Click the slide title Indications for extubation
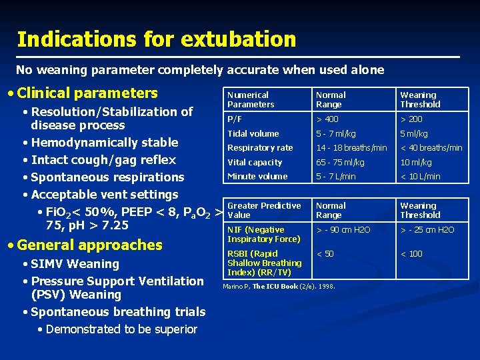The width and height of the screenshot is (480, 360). pyautogui.click(x=156, y=39)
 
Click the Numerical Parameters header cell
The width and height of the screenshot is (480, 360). pyautogui.click(x=251, y=100)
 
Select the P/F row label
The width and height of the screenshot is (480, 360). pyautogui.click(x=235, y=119)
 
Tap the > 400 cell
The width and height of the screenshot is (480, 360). pyautogui.click(x=327, y=119)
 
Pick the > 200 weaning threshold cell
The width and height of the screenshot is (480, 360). pyautogui.click(x=411, y=119)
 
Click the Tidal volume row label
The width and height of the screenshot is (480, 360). pyautogui.click(x=253, y=133)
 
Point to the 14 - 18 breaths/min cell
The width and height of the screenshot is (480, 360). pyautogui.click(x=351, y=148)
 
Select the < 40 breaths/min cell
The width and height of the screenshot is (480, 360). pyautogui.click(x=431, y=148)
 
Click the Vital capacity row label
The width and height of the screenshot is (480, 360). pyautogui.click(x=255, y=162)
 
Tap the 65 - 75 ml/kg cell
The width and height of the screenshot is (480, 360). pyautogui.click(x=341, y=162)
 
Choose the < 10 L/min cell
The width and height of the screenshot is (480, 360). pyautogui.click(x=420, y=177)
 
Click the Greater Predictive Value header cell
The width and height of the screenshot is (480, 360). pyautogui.click(x=264, y=211)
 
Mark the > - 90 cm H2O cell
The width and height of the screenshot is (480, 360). pyautogui.click(x=343, y=230)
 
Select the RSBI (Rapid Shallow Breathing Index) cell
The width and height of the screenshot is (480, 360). pyautogui.click(x=264, y=263)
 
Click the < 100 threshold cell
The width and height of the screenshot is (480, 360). pyautogui.click(x=411, y=254)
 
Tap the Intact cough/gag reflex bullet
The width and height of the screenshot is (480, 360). pyautogui.click(x=103, y=160)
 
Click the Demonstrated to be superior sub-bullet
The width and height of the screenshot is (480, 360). pyautogui.click(x=121, y=329)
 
